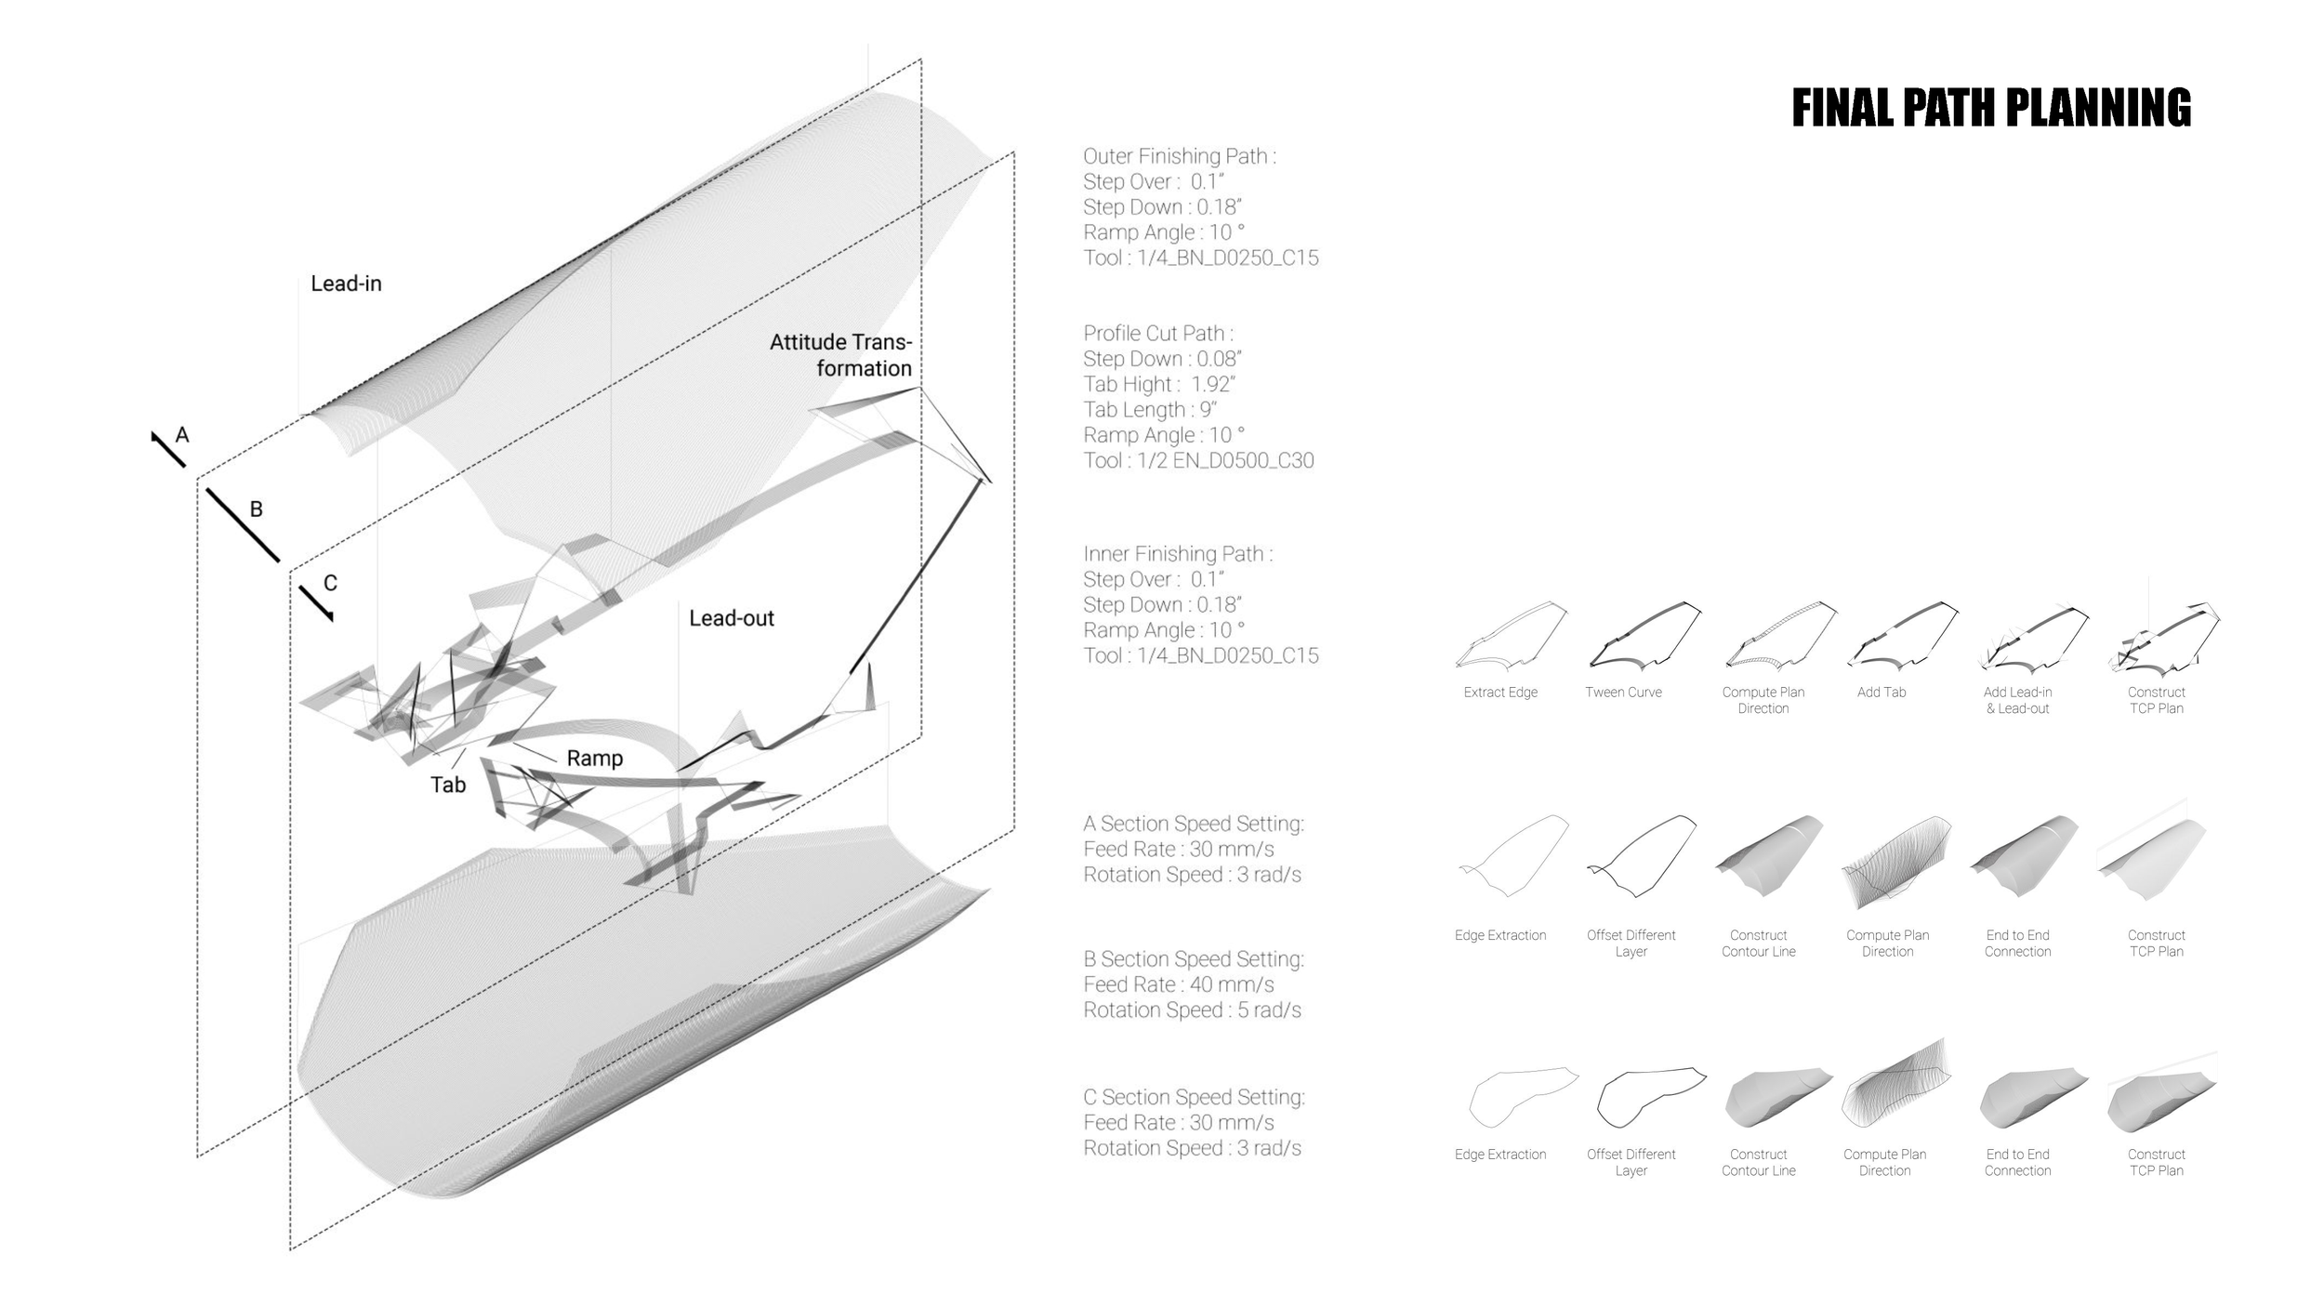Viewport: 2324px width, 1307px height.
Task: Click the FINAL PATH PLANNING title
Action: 1990,108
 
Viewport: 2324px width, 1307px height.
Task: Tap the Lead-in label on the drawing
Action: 346,284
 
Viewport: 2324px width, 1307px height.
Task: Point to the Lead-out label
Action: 731,618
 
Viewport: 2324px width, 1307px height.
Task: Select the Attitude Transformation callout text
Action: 840,355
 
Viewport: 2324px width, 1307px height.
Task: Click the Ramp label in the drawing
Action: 594,759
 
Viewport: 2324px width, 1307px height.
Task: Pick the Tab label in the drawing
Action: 447,786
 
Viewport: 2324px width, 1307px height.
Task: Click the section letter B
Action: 257,509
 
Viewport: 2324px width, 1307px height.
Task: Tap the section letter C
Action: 330,583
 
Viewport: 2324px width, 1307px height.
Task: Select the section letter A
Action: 182,434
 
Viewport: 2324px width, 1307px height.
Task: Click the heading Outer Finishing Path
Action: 1179,156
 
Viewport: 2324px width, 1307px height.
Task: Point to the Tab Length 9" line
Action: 1149,410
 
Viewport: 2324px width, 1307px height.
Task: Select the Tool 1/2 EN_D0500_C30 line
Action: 1197,460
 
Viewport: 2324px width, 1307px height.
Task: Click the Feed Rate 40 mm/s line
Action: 1178,984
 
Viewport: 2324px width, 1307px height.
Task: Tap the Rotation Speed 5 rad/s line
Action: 1192,1010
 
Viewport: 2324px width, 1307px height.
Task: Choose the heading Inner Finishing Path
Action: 1177,554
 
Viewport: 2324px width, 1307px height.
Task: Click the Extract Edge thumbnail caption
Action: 1499,693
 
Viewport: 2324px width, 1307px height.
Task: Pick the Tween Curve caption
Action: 1623,693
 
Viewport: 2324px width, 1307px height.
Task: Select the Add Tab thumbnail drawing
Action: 1902,634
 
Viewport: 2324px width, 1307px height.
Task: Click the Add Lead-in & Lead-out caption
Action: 2017,700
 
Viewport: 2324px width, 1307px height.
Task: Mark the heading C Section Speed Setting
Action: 1194,1097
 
